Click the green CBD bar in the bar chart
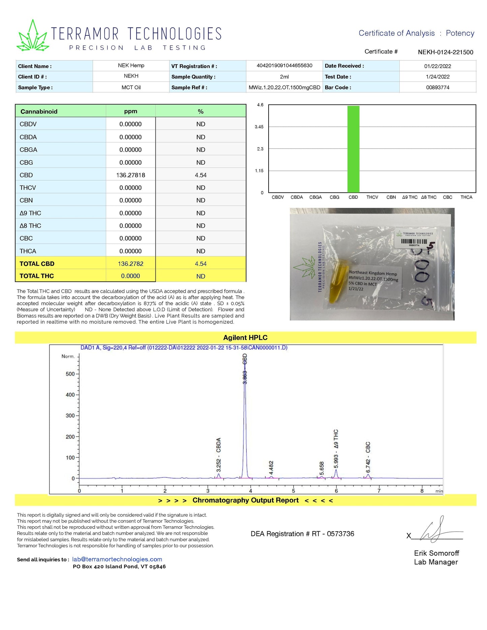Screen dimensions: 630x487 [353, 149]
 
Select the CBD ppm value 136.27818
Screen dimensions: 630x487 [130, 175]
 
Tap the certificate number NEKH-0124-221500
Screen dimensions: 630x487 [445, 52]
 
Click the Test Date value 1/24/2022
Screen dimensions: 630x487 [437, 77]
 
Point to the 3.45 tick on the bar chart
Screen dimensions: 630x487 [259, 127]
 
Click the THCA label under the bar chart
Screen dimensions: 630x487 [466, 197]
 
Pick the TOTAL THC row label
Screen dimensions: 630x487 [37, 276]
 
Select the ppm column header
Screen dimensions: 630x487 [130, 112]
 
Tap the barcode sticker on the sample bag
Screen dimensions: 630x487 [414, 239]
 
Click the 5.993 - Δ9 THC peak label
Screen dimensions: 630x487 [336, 448]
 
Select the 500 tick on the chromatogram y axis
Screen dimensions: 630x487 [70, 374]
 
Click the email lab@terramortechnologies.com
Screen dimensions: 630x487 [117, 559]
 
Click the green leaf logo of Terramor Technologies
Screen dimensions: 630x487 [33, 37]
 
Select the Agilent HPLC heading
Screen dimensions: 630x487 [245, 338]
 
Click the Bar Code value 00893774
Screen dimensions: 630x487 [437, 88]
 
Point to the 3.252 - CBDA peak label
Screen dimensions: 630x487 [218, 455]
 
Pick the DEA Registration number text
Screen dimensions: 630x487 [302, 534]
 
